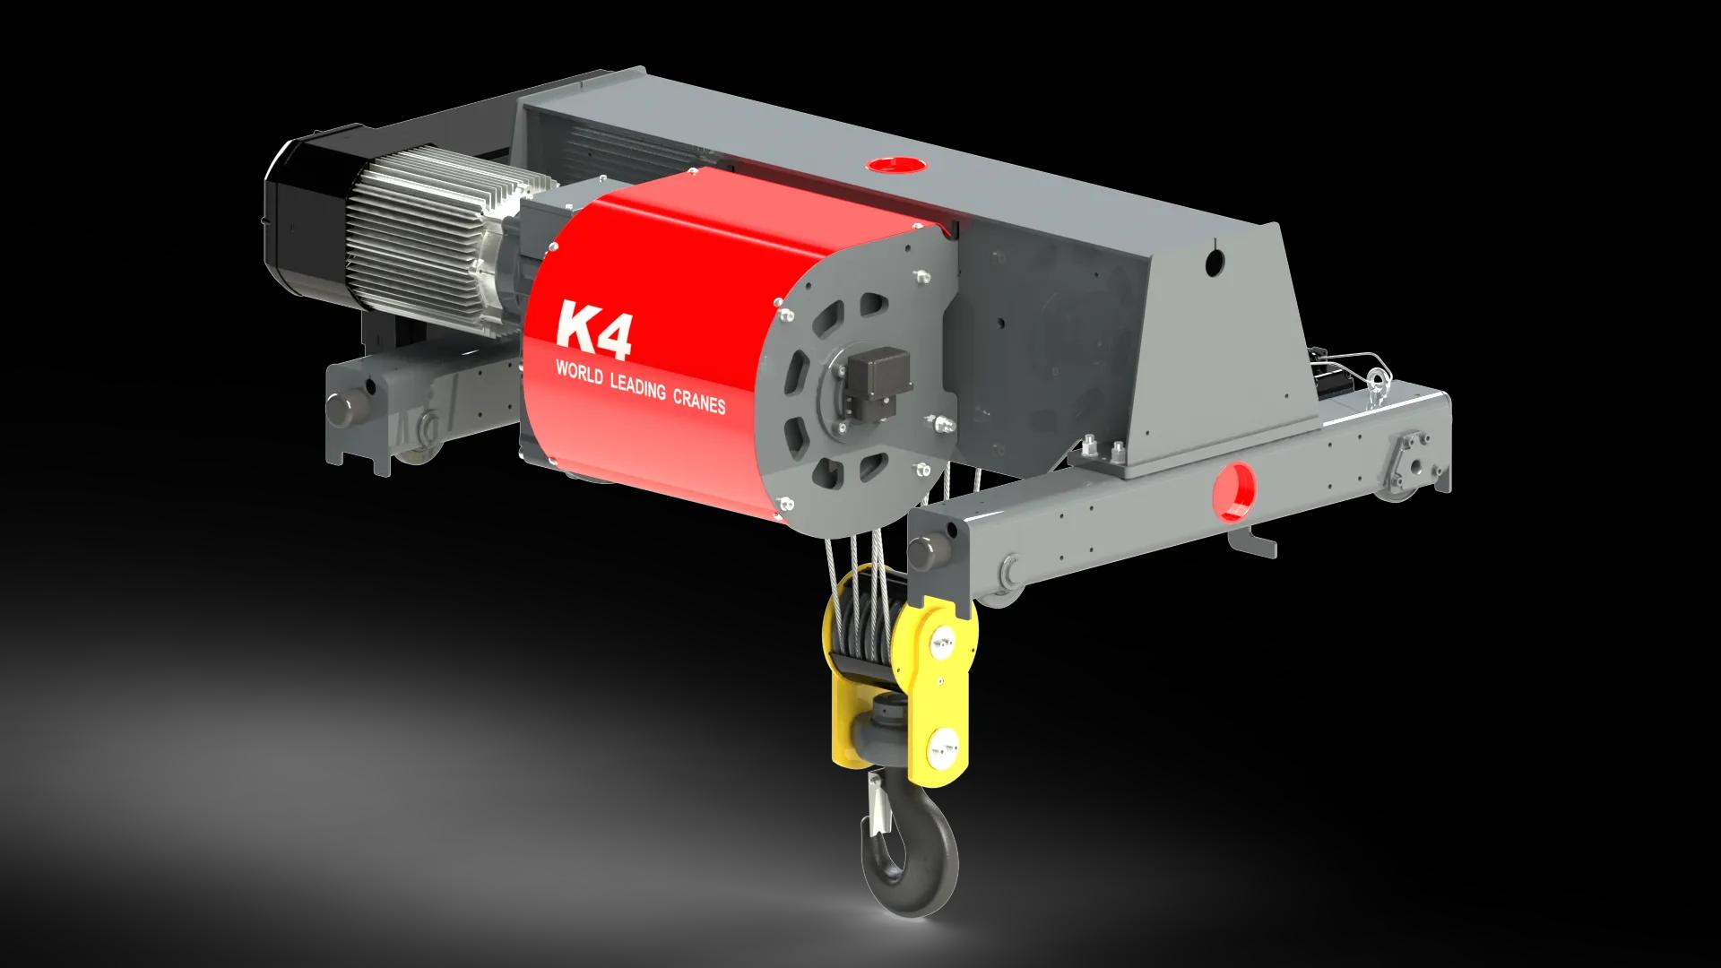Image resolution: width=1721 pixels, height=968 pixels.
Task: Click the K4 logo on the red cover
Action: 594,330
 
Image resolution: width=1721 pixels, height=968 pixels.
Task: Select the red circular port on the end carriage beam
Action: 1234,492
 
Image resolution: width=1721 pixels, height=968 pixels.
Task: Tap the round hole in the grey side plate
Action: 1215,261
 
